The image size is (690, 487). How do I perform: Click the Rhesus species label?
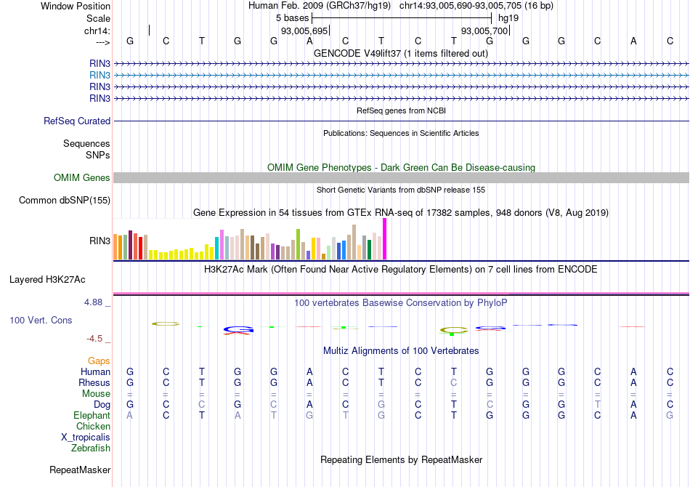click(x=95, y=383)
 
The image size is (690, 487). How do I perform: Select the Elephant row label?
click(x=92, y=416)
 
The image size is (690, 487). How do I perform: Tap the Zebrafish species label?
click(x=91, y=448)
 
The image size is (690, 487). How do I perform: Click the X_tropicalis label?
click(x=86, y=438)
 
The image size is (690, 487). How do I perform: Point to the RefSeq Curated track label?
click(x=77, y=121)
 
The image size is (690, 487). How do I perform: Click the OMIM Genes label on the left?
click(x=82, y=178)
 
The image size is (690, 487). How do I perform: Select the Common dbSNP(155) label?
click(x=65, y=201)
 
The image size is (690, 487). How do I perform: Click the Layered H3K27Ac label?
click(x=47, y=279)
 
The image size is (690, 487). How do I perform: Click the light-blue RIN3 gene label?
click(x=100, y=75)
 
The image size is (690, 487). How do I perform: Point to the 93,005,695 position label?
click(x=305, y=31)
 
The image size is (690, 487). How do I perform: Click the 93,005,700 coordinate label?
click(x=484, y=31)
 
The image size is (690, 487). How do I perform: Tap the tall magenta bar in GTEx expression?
click(x=384, y=239)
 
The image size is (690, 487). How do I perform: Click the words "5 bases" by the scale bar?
click(x=292, y=17)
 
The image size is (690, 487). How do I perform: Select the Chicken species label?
click(x=94, y=427)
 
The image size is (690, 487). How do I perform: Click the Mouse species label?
click(x=97, y=394)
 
